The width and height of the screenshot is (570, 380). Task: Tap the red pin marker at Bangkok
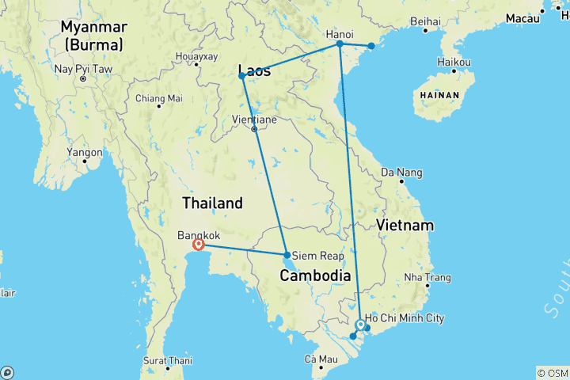[199, 245]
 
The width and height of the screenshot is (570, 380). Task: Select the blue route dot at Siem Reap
[287, 255]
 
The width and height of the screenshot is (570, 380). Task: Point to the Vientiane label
[254, 119]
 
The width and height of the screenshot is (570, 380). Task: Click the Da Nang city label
[402, 173]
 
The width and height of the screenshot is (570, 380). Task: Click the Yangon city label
[85, 152]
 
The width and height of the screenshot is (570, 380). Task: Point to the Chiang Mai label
[158, 98]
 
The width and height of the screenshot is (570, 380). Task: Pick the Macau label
[522, 17]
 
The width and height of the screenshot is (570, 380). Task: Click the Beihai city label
[426, 21]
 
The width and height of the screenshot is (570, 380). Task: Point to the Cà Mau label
[321, 361]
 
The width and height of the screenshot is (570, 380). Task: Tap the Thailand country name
[212, 203]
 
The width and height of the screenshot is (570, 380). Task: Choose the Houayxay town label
[196, 57]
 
